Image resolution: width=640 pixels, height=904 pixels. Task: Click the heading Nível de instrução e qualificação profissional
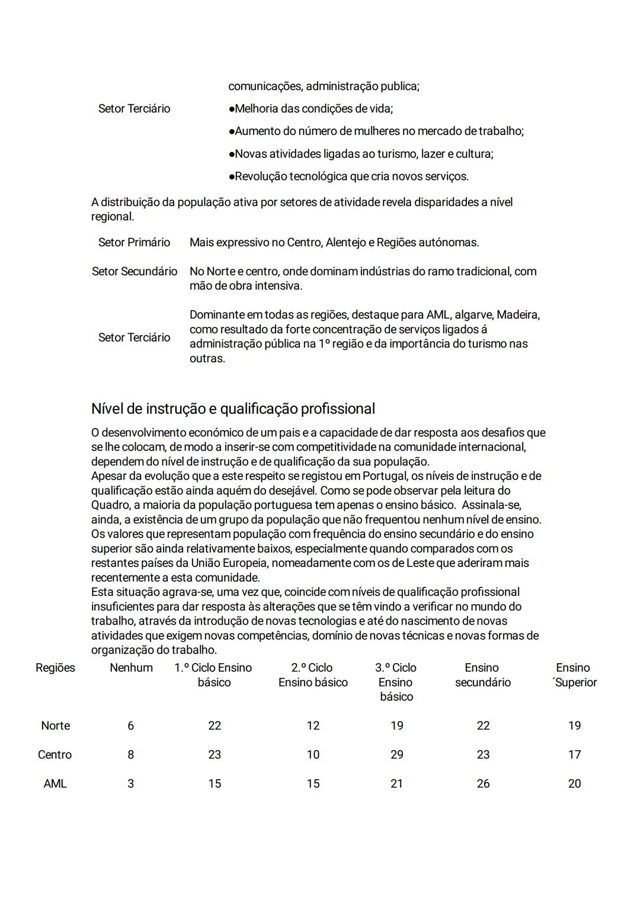(x=233, y=409)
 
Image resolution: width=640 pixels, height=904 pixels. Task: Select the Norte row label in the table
(x=55, y=726)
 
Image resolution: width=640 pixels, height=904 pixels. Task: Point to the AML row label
(x=55, y=784)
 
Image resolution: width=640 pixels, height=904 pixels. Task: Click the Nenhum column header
(x=131, y=668)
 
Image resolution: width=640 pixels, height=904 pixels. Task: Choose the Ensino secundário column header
(x=482, y=675)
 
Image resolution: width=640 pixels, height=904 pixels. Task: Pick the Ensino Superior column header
(x=574, y=675)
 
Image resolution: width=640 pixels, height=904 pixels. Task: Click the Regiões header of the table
(x=55, y=668)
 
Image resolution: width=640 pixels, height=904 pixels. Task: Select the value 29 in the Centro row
(x=396, y=755)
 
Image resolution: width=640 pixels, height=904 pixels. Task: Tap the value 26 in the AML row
(x=483, y=784)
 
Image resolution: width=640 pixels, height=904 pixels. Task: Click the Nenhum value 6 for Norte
(x=130, y=726)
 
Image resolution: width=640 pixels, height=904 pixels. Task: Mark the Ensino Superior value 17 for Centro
(x=574, y=755)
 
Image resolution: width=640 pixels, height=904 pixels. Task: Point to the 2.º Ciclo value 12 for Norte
(x=313, y=726)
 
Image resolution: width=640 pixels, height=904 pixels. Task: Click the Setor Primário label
(x=134, y=243)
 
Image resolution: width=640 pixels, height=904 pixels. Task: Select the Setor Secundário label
(x=135, y=272)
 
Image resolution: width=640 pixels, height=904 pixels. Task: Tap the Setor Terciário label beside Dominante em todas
(x=134, y=337)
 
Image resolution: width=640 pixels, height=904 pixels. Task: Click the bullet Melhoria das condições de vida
(x=311, y=109)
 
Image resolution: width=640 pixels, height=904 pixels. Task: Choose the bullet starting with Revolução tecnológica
(x=348, y=176)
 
